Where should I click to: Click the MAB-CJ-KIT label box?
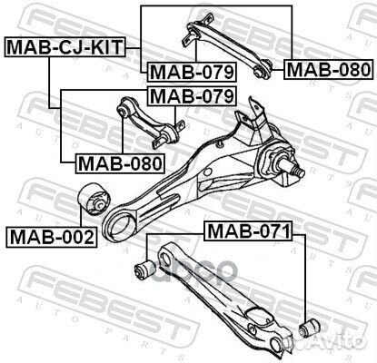coord(64,47)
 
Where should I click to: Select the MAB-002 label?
coord(52,237)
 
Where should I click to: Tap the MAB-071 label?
coord(249,231)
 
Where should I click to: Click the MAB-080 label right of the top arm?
coord(328,70)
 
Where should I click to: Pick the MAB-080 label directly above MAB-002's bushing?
coord(120,163)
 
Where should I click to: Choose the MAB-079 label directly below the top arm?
coord(192,72)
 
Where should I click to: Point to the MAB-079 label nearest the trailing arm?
coord(192,96)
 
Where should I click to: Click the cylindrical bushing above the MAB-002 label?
coord(94,199)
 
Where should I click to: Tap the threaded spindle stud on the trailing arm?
coord(293,169)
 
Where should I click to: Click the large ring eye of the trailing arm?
coord(120,224)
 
